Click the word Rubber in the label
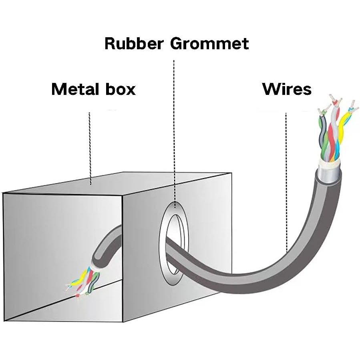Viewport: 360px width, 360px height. click(x=134, y=43)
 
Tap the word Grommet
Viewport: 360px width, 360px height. click(x=209, y=44)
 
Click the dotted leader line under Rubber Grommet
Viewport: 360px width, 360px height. click(x=174, y=134)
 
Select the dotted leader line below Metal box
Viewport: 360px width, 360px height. click(x=90, y=149)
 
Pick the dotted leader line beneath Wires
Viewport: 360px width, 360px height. click(x=286, y=183)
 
